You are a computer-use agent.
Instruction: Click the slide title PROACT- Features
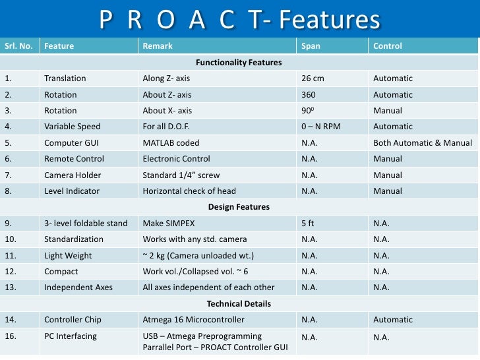[x=240, y=20]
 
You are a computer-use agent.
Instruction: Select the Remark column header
[x=158, y=46]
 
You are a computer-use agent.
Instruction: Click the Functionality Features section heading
[x=239, y=63]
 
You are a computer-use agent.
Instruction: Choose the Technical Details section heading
[x=239, y=304]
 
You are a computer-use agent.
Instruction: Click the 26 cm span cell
[x=313, y=78]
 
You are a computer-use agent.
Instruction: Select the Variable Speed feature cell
[x=72, y=127]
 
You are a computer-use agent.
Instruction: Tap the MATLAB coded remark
[x=171, y=142]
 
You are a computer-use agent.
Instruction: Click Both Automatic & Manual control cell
[x=422, y=142]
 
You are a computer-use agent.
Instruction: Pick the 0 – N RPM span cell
[x=320, y=127]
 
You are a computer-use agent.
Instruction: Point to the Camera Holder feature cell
[x=72, y=175]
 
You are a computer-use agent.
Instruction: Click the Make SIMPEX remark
[x=170, y=223]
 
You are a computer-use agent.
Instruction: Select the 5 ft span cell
[x=307, y=223]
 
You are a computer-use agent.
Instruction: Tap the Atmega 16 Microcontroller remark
[x=193, y=320]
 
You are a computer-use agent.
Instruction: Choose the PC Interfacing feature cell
[x=70, y=336]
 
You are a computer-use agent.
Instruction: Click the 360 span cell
[x=308, y=95]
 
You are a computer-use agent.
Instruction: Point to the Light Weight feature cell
[x=68, y=255]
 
